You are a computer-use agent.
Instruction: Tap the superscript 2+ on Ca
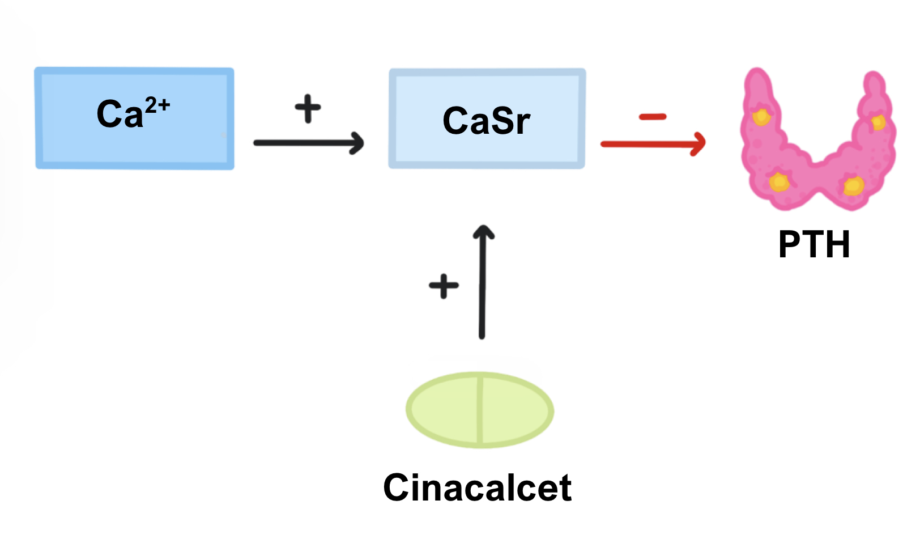(157, 105)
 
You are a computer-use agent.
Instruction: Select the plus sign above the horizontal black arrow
(308, 108)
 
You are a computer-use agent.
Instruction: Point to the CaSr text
(486, 121)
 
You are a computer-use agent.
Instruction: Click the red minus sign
(653, 117)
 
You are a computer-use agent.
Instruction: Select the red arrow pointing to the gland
(651, 144)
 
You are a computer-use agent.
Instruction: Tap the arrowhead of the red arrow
(700, 144)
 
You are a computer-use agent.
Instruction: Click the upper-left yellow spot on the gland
(761, 117)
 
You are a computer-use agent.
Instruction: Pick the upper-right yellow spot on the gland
(878, 122)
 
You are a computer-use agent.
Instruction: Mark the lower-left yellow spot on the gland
(779, 182)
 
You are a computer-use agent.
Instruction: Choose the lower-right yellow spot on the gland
(853, 185)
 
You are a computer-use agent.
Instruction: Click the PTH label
(814, 244)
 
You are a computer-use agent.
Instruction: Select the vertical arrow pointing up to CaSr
(482, 283)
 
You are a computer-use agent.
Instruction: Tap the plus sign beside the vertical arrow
(444, 286)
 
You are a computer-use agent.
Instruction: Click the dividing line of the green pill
(480, 410)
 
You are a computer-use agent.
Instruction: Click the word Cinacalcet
(477, 487)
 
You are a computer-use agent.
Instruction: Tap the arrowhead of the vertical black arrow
(483, 232)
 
